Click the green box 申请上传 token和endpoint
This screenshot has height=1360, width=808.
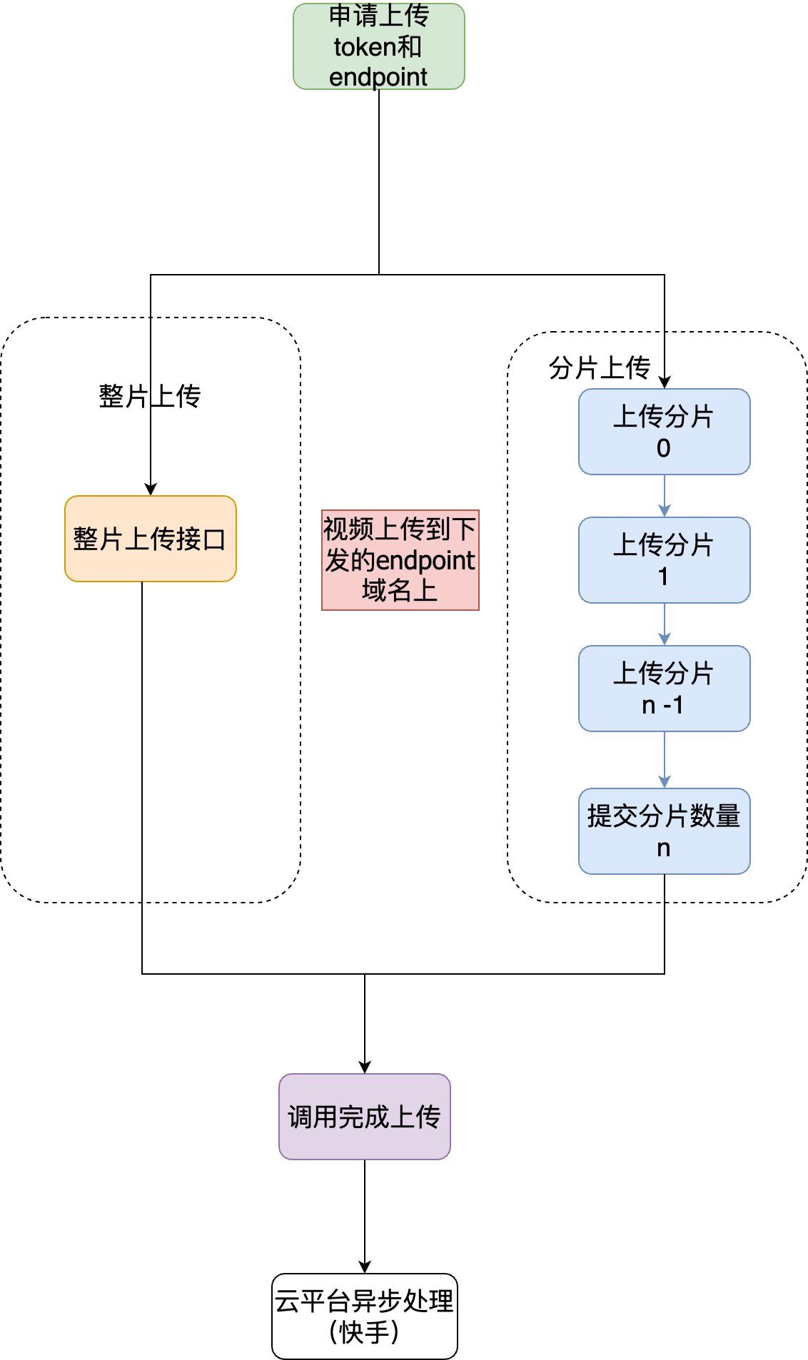coord(378,46)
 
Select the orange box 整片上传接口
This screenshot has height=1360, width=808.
coord(150,539)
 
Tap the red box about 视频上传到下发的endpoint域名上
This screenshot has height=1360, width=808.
coord(400,560)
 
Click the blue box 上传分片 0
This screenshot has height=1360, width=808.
coord(664,432)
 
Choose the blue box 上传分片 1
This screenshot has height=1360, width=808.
coord(664,560)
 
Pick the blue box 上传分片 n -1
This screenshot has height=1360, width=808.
coord(664,689)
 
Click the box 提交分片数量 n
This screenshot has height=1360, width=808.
coord(664,831)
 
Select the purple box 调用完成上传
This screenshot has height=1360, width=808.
coord(364,1117)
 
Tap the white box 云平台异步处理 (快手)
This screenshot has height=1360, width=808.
coord(364,1316)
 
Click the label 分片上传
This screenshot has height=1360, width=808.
coord(600,368)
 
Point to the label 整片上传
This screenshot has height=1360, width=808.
coord(150,396)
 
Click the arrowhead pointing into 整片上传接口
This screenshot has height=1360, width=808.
coord(151,489)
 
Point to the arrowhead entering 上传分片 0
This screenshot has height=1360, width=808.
coord(665,382)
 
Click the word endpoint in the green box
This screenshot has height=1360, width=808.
coord(378,77)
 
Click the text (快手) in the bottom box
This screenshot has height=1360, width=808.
coord(364,1332)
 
